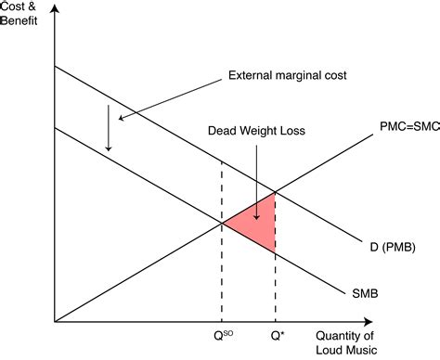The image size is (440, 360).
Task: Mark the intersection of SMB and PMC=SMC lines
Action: pyautogui.click(x=222, y=223)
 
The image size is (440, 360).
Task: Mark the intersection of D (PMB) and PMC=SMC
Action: pyautogui.click(x=276, y=192)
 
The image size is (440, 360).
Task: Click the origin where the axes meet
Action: pyautogui.click(x=55, y=322)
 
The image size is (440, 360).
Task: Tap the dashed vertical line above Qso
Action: pyautogui.click(x=222, y=274)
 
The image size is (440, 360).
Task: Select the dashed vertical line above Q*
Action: pyautogui.click(x=276, y=288)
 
